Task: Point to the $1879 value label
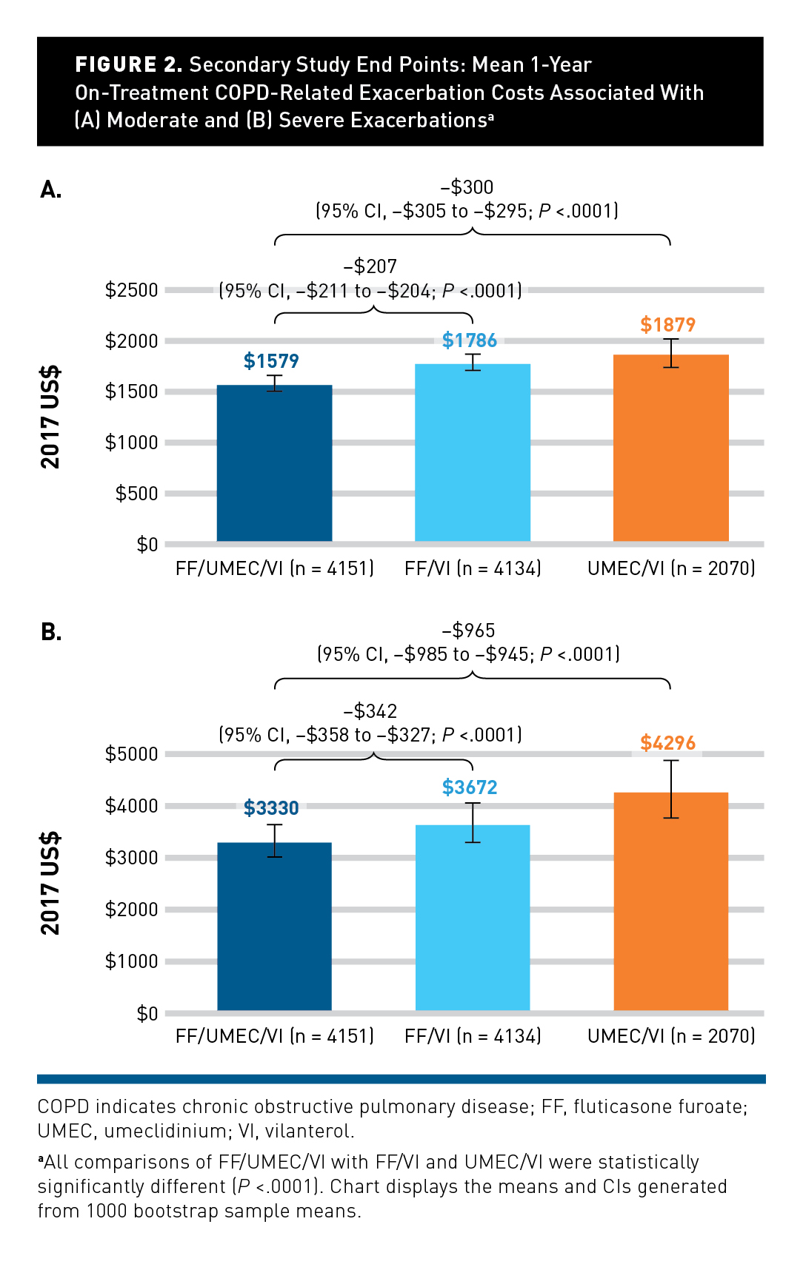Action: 667,325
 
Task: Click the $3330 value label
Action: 271,808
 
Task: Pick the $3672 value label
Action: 470,787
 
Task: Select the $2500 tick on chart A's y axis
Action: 132,290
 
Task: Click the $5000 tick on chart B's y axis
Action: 132,754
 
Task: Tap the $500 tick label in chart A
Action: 137,494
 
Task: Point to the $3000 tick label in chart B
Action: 132,858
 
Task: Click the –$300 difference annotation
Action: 467,187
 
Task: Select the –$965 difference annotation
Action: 468,631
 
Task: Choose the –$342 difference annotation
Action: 370,711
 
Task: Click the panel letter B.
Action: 51,632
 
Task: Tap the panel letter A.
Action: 51,190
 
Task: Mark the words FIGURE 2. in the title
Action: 128,65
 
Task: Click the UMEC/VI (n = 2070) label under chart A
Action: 671,568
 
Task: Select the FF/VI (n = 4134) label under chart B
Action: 473,1036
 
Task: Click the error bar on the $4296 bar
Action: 671,789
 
